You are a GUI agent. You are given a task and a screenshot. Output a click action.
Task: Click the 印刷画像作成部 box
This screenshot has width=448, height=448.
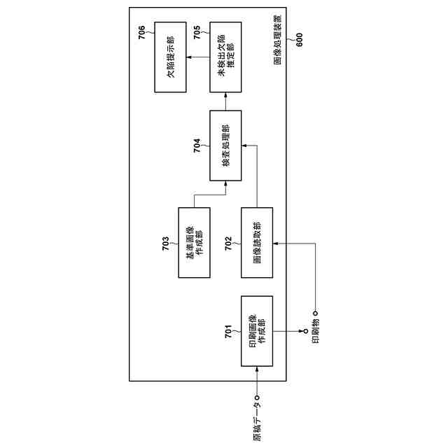(x=257, y=331)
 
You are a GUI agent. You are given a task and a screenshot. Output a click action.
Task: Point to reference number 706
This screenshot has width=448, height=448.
(x=142, y=31)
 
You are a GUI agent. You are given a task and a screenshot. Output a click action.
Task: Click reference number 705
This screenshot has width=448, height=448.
(x=197, y=31)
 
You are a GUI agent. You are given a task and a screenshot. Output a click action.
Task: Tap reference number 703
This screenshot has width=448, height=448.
(x=166, y=242)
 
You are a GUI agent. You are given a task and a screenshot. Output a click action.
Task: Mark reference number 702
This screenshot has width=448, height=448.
(x=229, y=242)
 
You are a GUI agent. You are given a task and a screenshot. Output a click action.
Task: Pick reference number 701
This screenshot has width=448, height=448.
(x=229, y=332)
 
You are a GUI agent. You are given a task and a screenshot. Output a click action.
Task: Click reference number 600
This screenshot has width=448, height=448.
(x=300, y=41)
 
